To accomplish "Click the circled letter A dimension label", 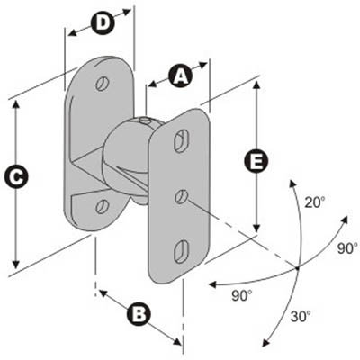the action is coord(180,76).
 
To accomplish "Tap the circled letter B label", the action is coord(139,314).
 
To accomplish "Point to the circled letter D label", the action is coord(103,22).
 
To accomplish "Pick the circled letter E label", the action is coord(256,162).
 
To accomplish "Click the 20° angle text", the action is coord(315,202).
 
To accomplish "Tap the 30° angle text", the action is coord(301,316).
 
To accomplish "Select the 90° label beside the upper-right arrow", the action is coord(348,248).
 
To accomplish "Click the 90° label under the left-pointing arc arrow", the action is coord(242,296).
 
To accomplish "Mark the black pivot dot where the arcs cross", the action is coord(297,268).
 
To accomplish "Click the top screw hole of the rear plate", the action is coord(103,84).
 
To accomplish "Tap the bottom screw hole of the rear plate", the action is coord(102,206).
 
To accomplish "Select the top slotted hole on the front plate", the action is coord(181,141).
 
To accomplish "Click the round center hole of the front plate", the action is coord(182,196).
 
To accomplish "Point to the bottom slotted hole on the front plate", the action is coord(181,251).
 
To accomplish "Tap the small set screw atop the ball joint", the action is coord(145,121).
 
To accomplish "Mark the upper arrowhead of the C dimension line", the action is coord(16,104).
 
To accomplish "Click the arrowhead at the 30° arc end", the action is coord(265,343).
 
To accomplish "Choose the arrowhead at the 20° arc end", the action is coord(291,184).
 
